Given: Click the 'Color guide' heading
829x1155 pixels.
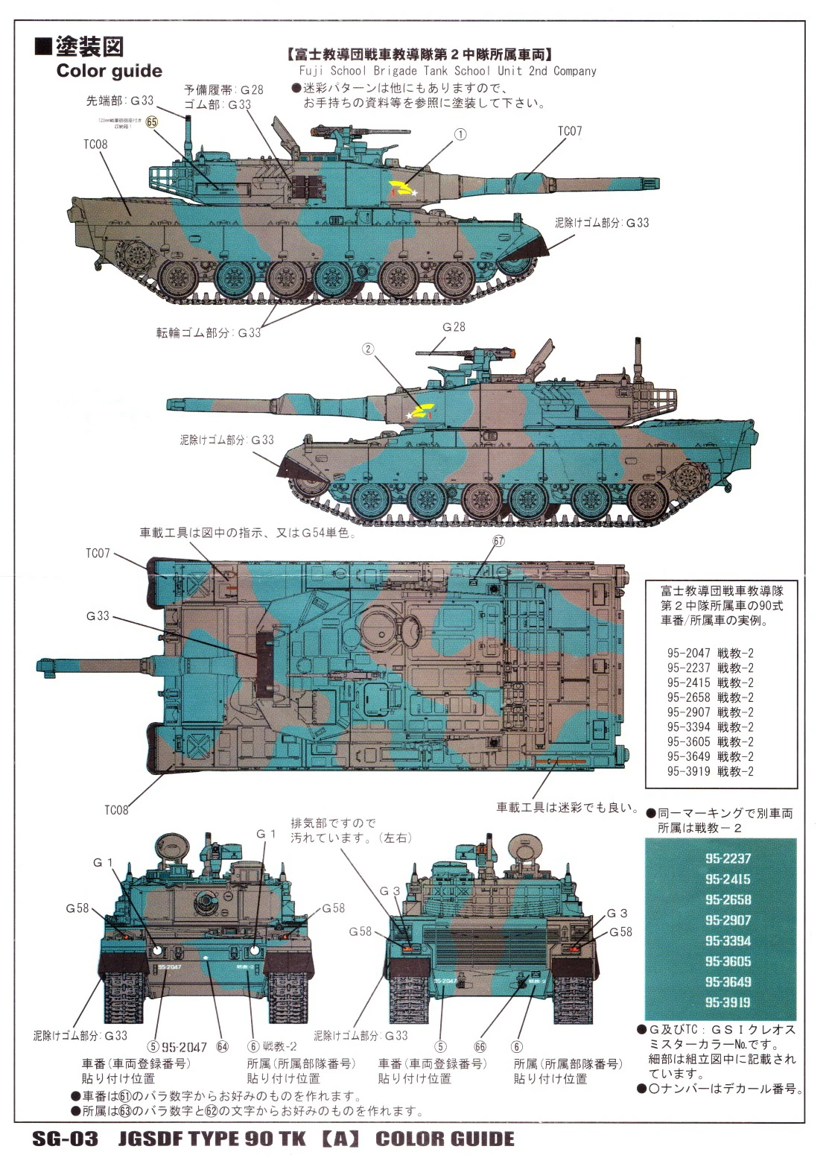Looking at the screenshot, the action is (x=109, y=72).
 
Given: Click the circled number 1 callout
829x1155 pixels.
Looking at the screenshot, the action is (x=460, y=135).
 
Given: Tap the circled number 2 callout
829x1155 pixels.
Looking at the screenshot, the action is (x=367, y=349).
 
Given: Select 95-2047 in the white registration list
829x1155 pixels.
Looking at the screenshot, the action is (x=710, y=654).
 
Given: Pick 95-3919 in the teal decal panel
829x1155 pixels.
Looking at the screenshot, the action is (x=728, y=1002).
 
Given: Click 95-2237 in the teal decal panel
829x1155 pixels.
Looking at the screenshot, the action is (x=728, y=858).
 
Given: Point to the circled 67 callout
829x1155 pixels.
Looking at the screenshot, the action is (x=498, y=542).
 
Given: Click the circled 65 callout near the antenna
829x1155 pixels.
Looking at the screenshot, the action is (x=152, y=122).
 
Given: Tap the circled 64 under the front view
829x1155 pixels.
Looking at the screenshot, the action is (x=222, y=1046).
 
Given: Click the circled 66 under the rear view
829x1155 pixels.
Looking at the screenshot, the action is (x=480, y=1046).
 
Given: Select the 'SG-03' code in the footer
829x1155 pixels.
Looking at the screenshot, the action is (x=65, y=1139).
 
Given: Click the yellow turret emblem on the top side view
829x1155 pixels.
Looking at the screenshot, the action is (x=402, y=189).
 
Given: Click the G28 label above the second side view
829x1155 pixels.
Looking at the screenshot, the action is (x=454, y=327).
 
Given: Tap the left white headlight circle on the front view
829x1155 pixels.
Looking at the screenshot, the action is (x=158, y=950).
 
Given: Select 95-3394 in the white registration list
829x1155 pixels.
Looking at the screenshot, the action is (x=710, y=727).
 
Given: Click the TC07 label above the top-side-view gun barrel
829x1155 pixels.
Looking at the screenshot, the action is (x=570, y=131).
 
